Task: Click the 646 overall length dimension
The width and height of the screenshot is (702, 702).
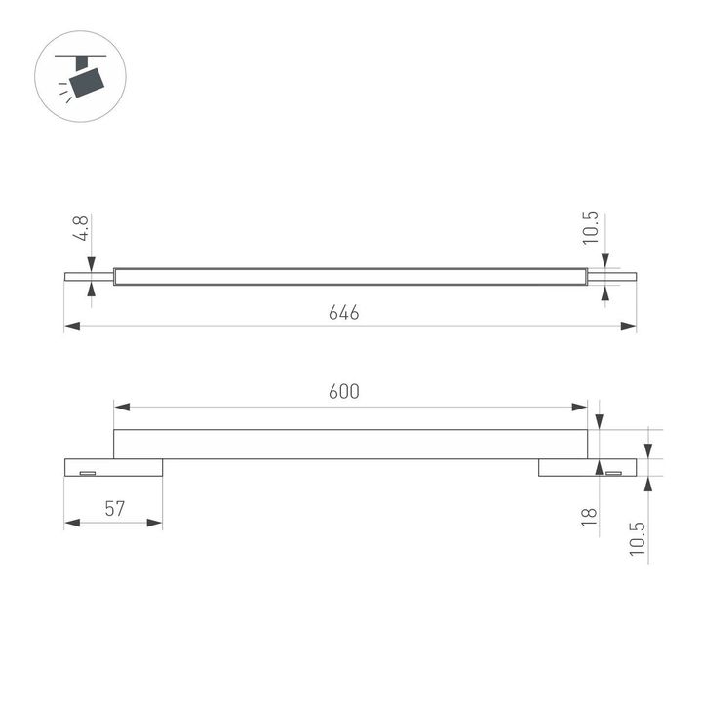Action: [x=344, y=313]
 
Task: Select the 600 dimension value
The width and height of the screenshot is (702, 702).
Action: [x=344, y=392]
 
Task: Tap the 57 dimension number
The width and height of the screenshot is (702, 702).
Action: [x=115, y=508]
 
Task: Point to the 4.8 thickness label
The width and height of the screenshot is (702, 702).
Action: [x=82, y=229]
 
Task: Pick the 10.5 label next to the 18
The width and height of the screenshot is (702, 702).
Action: [x=639, y=538]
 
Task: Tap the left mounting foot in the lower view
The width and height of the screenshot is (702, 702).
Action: [x=113, y=468]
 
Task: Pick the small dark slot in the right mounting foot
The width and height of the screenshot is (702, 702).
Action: [x=613, y=473]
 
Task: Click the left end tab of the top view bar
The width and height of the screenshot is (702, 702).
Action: [x=89, y=276]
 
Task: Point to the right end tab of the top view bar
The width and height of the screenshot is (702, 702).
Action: [x=612, y=276]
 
